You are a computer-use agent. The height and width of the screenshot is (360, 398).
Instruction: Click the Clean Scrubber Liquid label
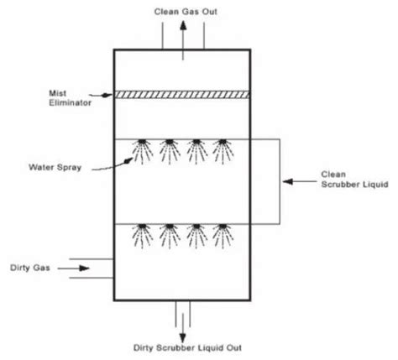click(x=343, y=180)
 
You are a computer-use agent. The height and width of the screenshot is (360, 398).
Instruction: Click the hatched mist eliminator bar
click(x=184, y=95)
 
